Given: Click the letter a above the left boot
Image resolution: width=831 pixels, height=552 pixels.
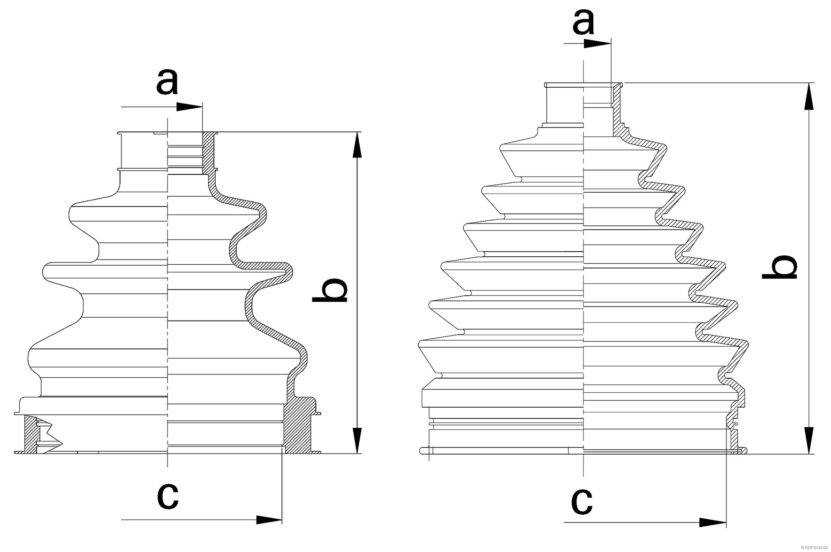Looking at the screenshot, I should (167, 82).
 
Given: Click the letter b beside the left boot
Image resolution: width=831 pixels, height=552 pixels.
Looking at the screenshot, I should (330, 291).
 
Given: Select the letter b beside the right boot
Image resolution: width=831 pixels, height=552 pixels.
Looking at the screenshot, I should (779, 267).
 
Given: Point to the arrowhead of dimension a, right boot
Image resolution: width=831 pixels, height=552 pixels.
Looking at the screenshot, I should (599, 44).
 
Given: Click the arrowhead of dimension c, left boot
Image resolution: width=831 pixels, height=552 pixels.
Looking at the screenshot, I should (269, 520).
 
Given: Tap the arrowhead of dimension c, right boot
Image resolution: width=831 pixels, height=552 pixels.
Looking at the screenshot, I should (713, 522).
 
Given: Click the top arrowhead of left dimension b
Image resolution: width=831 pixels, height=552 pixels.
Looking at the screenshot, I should (357, 145).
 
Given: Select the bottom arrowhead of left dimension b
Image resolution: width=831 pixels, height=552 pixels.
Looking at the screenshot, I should (357, 440).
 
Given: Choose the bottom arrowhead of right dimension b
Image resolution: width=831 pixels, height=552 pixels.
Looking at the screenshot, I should (809, 440).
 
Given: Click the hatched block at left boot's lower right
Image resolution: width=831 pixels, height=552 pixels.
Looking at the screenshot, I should (299, 426).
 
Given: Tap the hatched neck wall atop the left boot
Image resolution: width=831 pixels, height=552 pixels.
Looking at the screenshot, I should (208, 152).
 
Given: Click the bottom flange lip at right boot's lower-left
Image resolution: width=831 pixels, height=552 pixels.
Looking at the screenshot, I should (424, 451).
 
